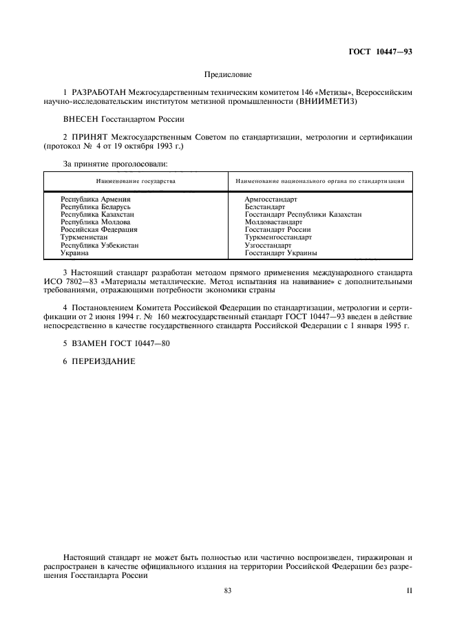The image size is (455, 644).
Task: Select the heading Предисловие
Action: tap(228, 74)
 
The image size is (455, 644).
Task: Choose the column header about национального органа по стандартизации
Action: tap(319, 182)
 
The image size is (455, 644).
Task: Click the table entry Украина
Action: tap(75, 253)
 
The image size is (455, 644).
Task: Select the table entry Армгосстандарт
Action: tap(271, 199)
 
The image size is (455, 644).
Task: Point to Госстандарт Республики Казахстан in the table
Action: tap(303, 214)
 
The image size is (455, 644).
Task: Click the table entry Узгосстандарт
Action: tap(268, 245)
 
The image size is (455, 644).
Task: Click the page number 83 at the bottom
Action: tap(228, 591)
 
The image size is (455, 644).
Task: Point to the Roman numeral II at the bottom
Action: tap(409, 591)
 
